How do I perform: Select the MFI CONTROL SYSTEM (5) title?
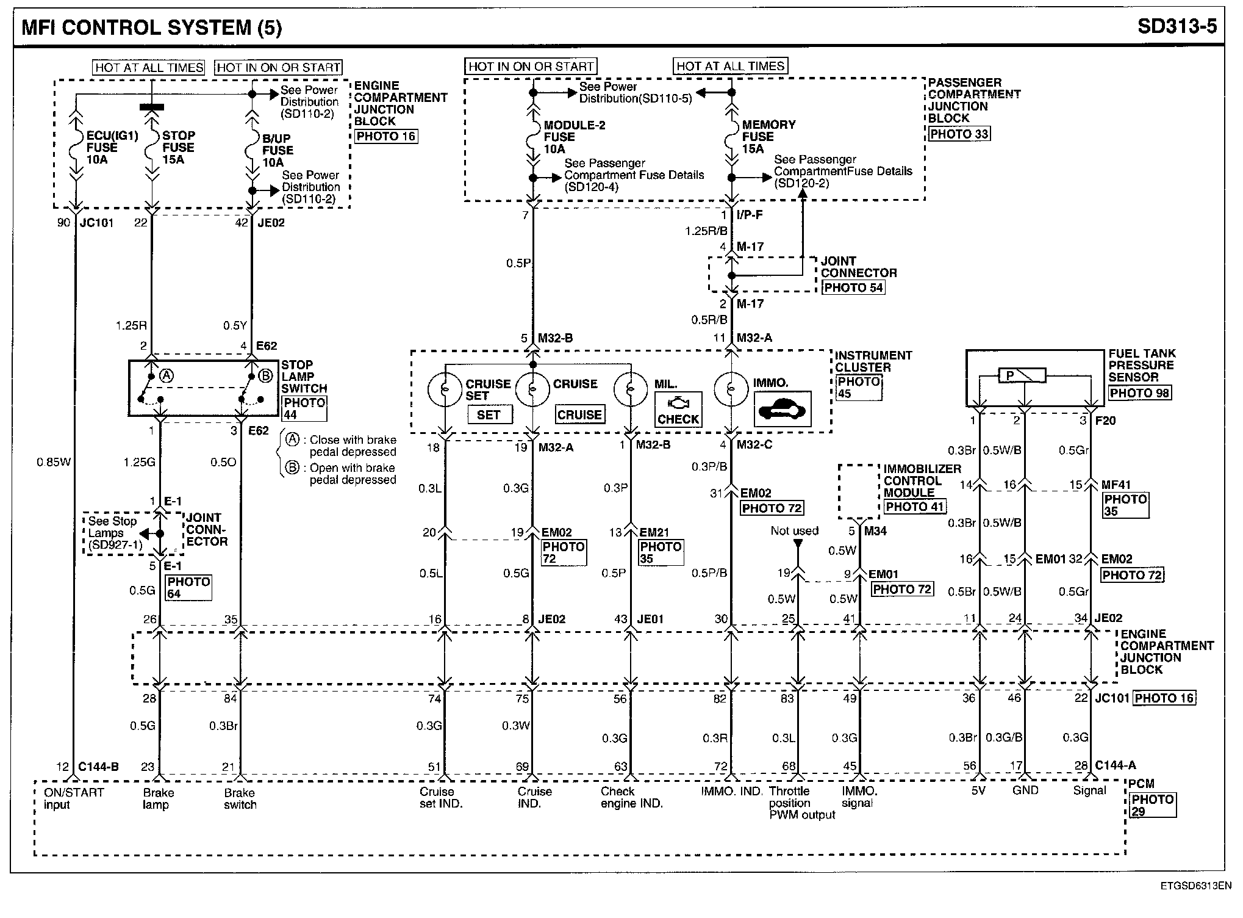click(152, 27)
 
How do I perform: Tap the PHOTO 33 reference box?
click(959, 134)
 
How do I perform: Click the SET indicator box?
click(489, 415)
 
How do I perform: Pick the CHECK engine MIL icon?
click(678, 410)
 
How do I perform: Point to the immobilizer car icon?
click(783, 409)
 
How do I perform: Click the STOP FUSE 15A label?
click(177, 147)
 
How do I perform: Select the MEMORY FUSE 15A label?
click(768, 136)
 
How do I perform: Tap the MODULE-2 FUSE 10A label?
click(574, 137)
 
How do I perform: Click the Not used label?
click(794, 531)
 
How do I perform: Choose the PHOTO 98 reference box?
click(1139, 393)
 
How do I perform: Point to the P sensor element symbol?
click(1022, 375)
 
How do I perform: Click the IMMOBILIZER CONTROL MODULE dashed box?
click(859, 491)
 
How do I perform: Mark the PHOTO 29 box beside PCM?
click(1152, 805)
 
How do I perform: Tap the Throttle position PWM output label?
click(801, 803)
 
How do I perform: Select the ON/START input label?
click(74, 798)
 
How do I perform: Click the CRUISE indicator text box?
click(579, 415)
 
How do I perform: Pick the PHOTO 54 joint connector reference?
click(853, 287)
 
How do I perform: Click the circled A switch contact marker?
click(166, 376)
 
